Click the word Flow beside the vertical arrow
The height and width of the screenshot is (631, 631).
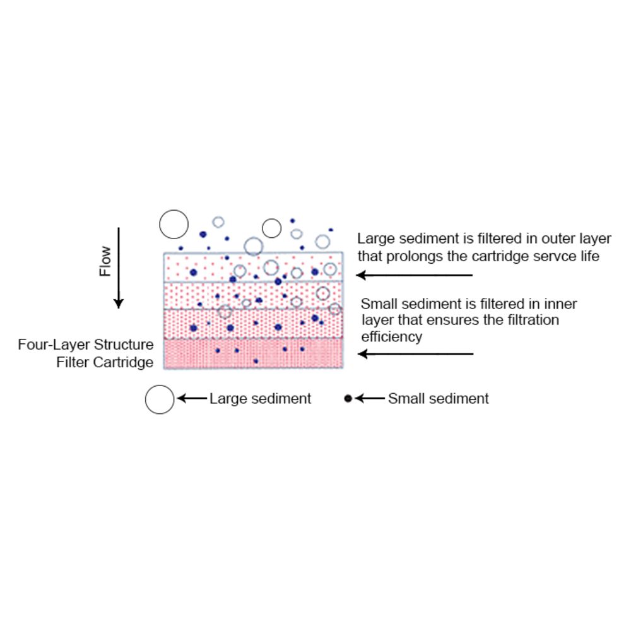click(x=105, y=261)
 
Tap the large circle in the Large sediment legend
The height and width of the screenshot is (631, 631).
click(x=160, y=399)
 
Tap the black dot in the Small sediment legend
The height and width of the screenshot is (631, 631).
click(x=348, y=399)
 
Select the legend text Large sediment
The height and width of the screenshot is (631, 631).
click(x=260, y=399)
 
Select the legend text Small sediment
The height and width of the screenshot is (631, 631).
click(x=438, y=399)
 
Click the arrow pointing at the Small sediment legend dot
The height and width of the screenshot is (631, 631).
click(x=370, y=399)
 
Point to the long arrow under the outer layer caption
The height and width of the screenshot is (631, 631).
click(x=415, y=275)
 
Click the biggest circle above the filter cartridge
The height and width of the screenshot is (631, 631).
click(x=174, y=224)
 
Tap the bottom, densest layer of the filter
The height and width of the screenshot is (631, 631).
click(x=253, y=353)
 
